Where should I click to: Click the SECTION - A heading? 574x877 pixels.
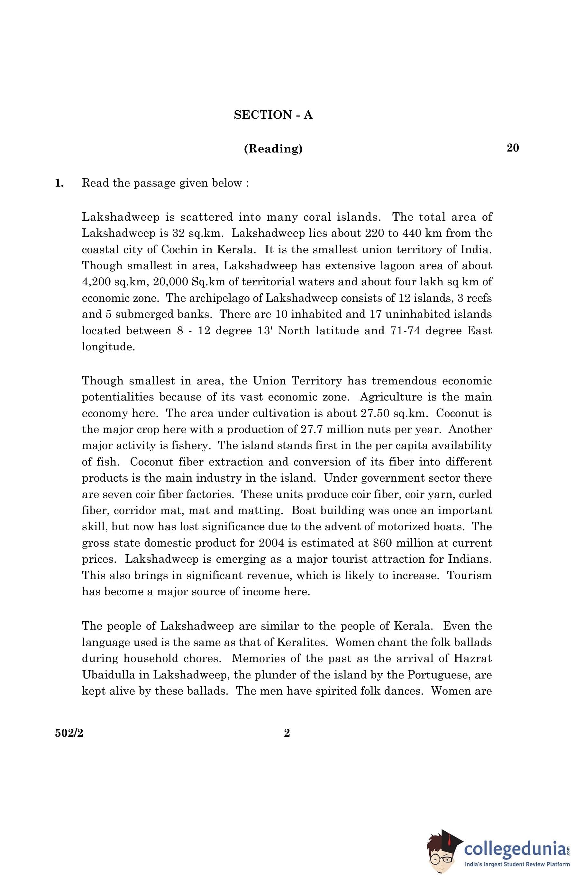coord(273,115)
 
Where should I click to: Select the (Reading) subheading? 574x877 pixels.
coord(273,149)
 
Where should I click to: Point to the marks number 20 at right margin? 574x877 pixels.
coord(513,148)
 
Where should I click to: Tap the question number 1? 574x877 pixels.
coord(59,183)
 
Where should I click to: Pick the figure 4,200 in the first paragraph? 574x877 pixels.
coord(96,282)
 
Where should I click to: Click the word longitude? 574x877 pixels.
coord(108,347)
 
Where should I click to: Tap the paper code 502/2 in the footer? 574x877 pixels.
coord(69,733)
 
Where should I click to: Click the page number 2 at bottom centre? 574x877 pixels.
coord(287,733)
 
